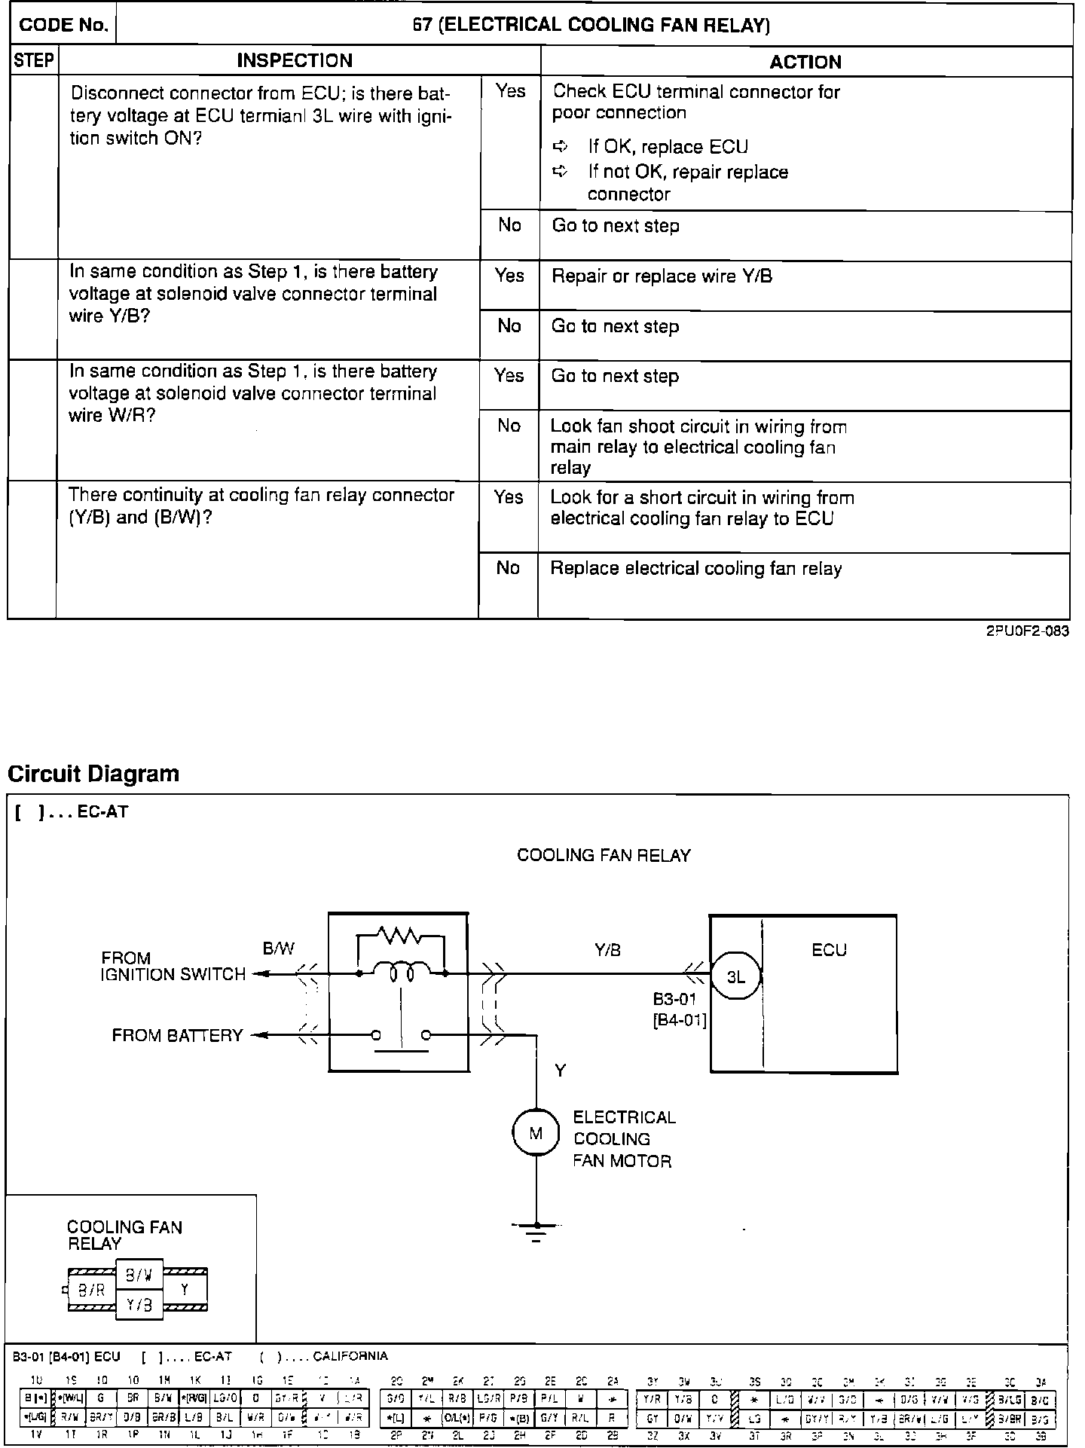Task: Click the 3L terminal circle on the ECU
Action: click(x=735, y=977)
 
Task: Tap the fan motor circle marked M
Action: click(x=536, y=1132)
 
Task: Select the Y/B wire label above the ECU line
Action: click(x=607, y=950)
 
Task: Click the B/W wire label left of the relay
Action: click(x=278, y=949)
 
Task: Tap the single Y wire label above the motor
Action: click(x=560, y=1071)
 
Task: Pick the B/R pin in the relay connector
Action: click(x=91, y=1289)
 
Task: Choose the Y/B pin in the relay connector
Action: click(x=139, y=1304)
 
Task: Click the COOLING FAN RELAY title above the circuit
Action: click(x=604, y=855)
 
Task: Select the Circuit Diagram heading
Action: click(x=93, y=774)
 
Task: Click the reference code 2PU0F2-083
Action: click(x=1027, y=631)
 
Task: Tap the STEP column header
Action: click(x=34, y=61)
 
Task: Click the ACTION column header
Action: click(x=805, y=62)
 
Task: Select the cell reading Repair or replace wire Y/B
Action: click(x=662, y=276)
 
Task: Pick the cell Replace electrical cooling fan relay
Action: click(x=695, y=569)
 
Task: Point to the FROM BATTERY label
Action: click(x=177, y=1035)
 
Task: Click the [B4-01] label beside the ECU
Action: click(x=679, y=1022)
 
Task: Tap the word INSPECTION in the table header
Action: click(x=295, y=61)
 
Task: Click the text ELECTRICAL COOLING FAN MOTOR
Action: click(x=624, y=1139)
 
